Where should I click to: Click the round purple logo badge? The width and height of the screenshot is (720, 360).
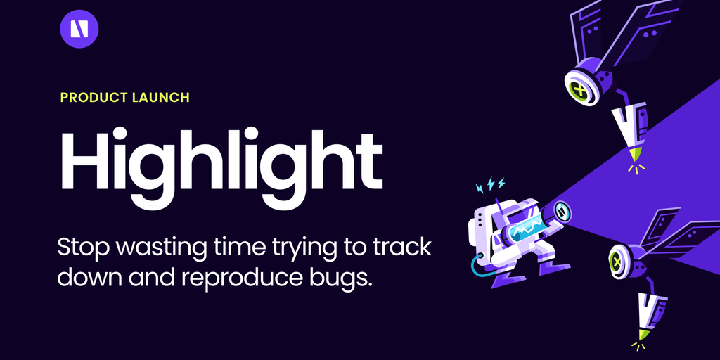pos(79,28)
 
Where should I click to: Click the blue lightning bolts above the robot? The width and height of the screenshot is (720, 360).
pos(490,184)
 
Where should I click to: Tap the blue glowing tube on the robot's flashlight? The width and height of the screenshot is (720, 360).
pos(528,227)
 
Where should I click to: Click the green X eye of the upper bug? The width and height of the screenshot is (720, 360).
pos(580,88)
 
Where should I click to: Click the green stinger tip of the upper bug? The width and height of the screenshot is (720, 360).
pos(635,154)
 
